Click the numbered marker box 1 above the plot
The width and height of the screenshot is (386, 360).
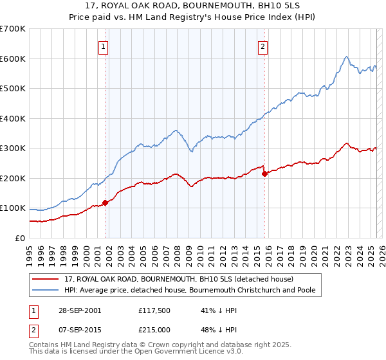point(103,46)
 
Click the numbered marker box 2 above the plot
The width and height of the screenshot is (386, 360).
point(263,46)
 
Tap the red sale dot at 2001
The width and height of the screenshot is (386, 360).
point(105,203)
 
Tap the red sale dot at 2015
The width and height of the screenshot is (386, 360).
point(264,174)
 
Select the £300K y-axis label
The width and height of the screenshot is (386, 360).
point(13,148)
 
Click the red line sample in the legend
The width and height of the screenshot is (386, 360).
point(46,279)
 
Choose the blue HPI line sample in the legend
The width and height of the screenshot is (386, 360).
point(46,290)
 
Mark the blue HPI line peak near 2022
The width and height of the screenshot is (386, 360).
point(346,57)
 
